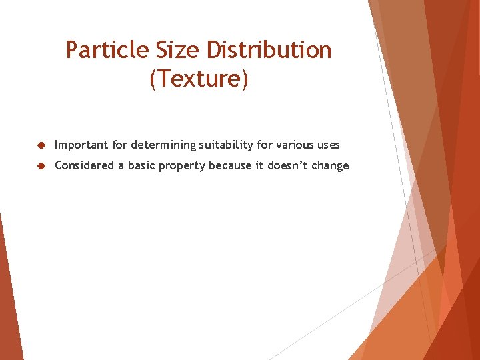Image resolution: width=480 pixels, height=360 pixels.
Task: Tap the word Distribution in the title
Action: [x=269, y=50]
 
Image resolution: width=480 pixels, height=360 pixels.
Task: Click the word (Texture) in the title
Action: [x=199, y=79]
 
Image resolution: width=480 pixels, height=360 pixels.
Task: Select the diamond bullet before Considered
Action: [x=41, y=166]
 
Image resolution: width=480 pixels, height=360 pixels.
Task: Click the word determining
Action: [x=163, y=145]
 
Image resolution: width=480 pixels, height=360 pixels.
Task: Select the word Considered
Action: [x=85, y=165]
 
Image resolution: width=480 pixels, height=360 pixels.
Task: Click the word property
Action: [x=184, y=166]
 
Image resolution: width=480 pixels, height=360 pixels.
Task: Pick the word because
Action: [x=231, y=165]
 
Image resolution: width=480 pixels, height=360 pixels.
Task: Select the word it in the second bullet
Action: [x=260, y=165]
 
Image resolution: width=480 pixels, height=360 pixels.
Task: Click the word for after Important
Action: [x=120, y=145]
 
